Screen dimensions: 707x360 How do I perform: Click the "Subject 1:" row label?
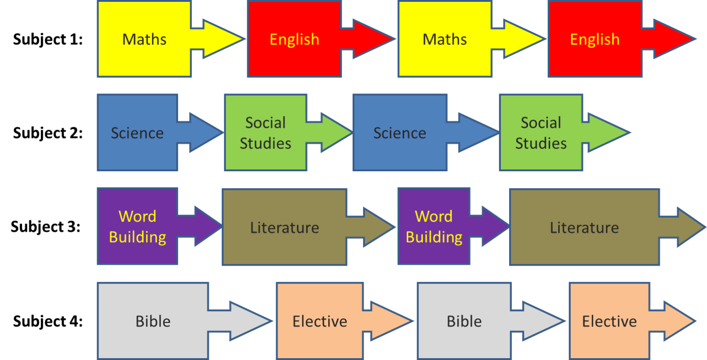click(48, 40)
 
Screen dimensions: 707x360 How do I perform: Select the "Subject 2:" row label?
click(48, 133)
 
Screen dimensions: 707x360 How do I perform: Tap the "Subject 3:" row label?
click(46, 227)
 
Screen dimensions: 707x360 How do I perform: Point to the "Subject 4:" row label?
click(48, 321)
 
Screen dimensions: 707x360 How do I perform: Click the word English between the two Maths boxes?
click(294, 40)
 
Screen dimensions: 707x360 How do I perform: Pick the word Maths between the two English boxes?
click(444, 40)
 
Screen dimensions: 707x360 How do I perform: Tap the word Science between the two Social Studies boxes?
click(400, 133)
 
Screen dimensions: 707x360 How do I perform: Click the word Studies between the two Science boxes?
click(265, 143)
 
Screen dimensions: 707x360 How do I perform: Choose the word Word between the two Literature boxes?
click(434, 216)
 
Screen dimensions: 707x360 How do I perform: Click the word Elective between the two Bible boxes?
click(320, 321)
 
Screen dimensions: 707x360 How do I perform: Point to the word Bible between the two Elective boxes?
click(464, 321)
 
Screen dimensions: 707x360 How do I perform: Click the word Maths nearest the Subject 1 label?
click(144, 40)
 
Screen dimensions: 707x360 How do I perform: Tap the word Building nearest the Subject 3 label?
click(137, 237)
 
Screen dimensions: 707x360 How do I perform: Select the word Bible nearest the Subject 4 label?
click(153, 321)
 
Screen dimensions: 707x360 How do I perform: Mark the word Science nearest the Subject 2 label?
click(137, 133)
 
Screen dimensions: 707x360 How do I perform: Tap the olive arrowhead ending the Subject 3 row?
click(691, 227)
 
